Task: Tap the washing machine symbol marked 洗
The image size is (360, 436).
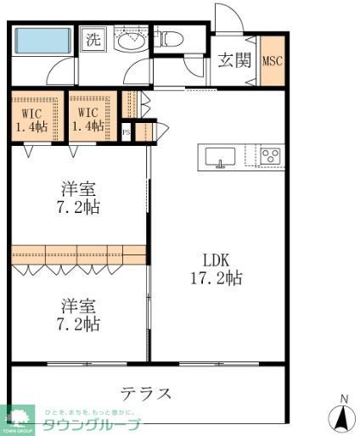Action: pyautogui.click(x=93, y=39)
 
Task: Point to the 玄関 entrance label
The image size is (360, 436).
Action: pyautogui.click(x=233, y=59)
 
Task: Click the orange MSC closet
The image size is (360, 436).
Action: pyautogui.click(x=272, y=60)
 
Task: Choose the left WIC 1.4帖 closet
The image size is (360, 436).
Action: pyautogui.click(x=31, y=119)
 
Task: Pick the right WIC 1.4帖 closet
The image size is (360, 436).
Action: pyautogui.click(x=88, y=119)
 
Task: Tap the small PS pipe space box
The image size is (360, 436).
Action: pyautogui.click(x=127, y=131)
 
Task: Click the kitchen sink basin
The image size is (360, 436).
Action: pyautogui.click(x=220, y=156)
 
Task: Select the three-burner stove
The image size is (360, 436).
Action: pyautogui.click(x=270, y=155)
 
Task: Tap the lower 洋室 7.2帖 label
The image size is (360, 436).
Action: pyautogui.click(x=78, y=314)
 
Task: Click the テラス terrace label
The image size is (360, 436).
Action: pyautogui.click(x=146, y=394)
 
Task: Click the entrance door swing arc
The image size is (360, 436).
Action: pyautogui.click(x=226, y=19)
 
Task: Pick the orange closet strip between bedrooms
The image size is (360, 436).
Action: pyautogui.click(x=78, y=254)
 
